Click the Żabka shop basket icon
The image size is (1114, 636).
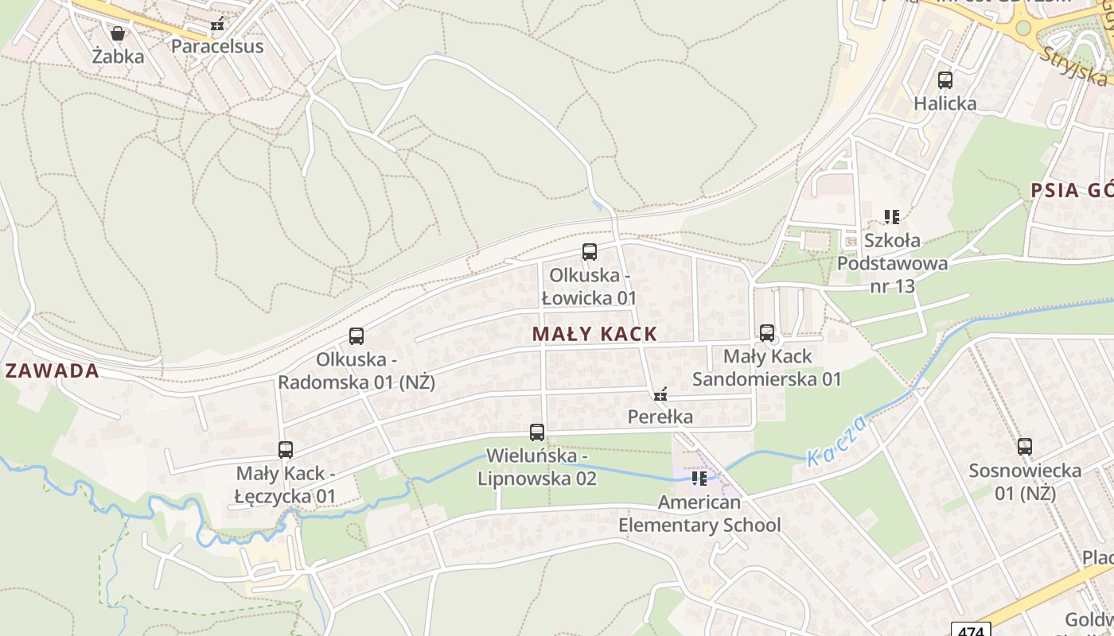coord(118,33)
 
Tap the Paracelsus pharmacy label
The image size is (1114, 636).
coord(217,46)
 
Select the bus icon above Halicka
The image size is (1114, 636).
coord(945,80)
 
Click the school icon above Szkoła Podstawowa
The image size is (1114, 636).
coord(892,216)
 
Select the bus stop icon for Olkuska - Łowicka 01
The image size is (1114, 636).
coord(590,252)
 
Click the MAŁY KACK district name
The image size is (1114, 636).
coord(595,334)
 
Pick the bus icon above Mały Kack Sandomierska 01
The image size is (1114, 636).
coord(767,333)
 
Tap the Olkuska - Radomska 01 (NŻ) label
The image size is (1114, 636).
coord(356,370)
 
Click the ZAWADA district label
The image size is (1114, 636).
coord(52,371)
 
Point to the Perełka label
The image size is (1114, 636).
coord(660,417)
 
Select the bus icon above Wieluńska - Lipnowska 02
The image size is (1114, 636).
coord(537,432)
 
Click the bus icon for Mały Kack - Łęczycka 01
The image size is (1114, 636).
coord(286,450)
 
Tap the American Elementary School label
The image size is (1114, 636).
coord(699,514)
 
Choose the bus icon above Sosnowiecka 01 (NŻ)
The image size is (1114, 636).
coord(1025,447)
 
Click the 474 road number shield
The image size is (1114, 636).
coord(971,630)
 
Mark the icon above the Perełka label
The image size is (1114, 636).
coord(660,394)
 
